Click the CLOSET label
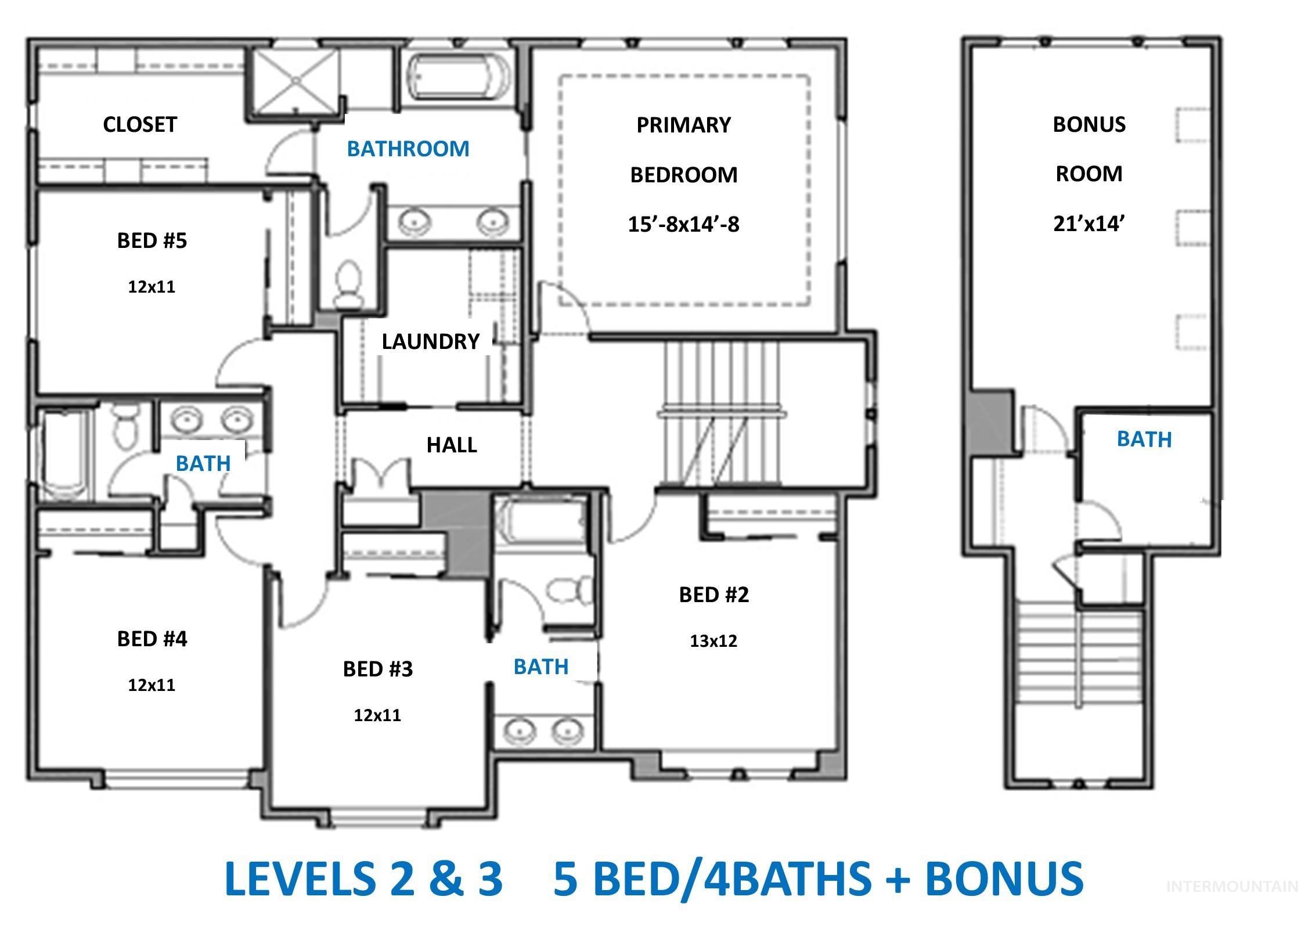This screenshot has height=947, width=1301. click(139, 124)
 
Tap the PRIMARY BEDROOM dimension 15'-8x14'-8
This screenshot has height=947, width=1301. click(683, 224)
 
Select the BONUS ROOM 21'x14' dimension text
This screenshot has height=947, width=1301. click(1089, 224)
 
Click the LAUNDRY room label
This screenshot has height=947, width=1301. click(430, 341)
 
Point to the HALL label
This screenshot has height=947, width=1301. click(452, 445)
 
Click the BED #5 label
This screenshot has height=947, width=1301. click(152, 240)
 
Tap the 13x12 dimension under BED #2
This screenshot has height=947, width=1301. click(713, 641)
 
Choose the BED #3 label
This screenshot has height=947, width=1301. click(378, 669)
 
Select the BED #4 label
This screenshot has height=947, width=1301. click(152, 639)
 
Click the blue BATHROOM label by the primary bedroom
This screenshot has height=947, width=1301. click(408, 149)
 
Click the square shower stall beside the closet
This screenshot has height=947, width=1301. click(295, 80)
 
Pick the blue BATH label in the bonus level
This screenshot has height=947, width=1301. click(1144, 440)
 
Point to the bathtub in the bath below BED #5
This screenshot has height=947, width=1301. click(64, 456)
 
